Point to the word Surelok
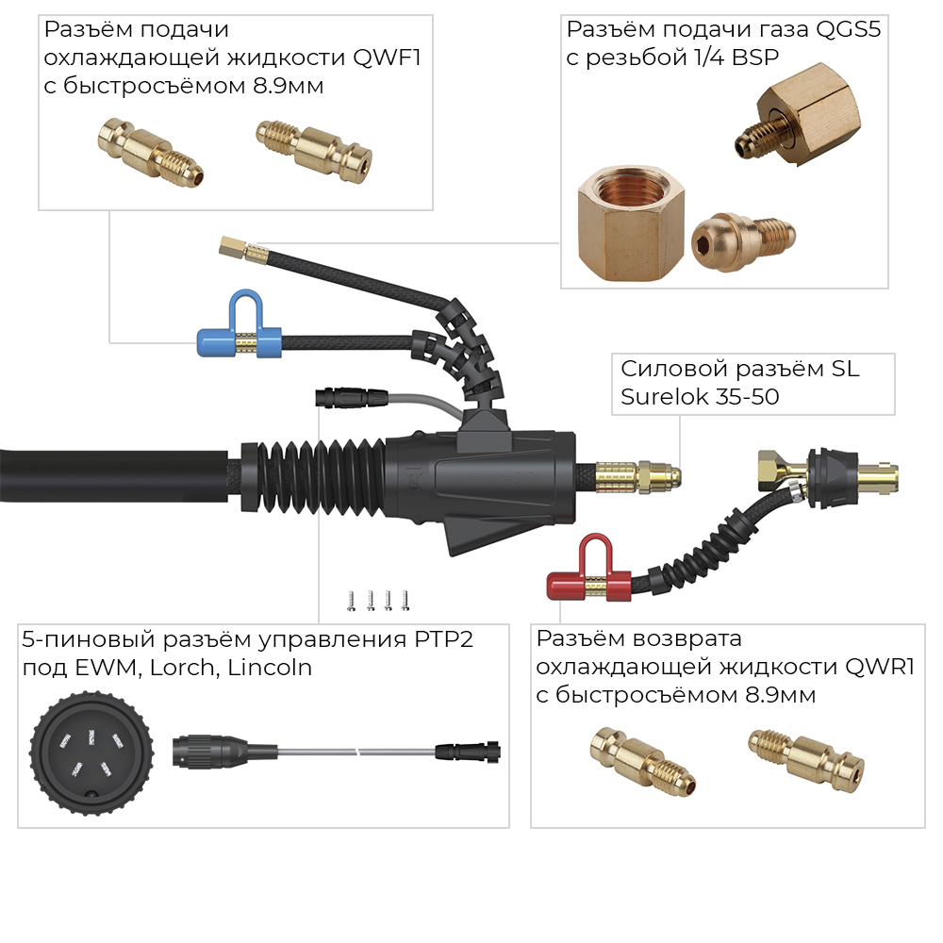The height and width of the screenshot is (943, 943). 661,397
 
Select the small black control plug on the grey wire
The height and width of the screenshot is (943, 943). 347,397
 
